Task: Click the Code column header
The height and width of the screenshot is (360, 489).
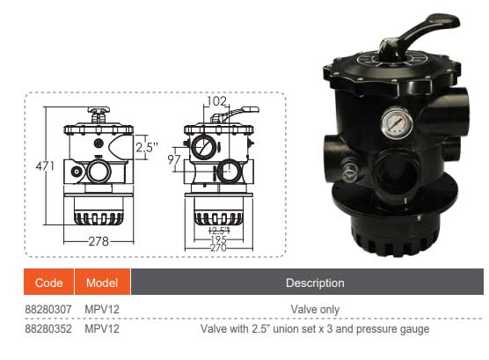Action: pos(49,283)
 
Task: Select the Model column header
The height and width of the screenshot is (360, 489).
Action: pos(103,283)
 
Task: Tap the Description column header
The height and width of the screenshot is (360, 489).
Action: pos(315,283)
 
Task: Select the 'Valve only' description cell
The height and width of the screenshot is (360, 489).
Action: pos(315,310)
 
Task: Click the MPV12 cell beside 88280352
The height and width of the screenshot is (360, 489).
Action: pos(103,329)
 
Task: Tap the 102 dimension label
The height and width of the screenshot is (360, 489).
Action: pos(216,102)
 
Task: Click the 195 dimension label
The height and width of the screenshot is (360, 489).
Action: pos(216,239)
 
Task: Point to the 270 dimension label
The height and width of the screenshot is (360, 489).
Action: pos(216,248)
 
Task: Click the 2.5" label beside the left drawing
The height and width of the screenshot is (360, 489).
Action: pos(147,148)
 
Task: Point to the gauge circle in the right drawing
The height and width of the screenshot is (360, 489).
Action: pos(201,146)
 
